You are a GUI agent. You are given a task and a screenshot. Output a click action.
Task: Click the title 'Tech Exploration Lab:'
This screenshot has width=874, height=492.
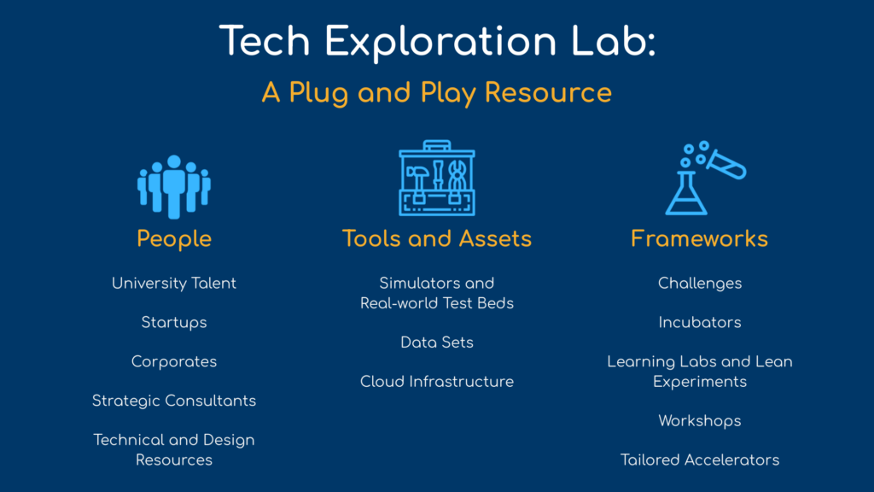click(x=437, y=41)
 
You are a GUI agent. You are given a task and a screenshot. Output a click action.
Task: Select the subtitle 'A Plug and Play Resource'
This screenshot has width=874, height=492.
click(x=437, y=92)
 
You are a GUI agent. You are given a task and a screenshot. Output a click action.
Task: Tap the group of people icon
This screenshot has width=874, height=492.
click(x=174, y=187)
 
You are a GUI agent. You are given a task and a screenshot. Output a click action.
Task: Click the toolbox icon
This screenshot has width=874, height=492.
click(x=437, y=178)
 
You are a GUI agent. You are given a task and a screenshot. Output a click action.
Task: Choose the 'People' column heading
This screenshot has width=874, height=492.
click(x=174, y=239)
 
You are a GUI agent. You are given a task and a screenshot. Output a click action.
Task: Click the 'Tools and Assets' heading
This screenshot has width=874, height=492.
click(x=437, y=239)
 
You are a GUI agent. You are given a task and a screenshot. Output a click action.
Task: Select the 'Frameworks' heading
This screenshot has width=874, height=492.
click(x=700, y=239)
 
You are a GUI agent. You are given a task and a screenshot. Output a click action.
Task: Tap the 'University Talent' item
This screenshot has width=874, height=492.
click(x=174, y=284)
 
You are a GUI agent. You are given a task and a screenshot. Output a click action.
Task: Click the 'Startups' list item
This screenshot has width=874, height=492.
click(x=174, y=323)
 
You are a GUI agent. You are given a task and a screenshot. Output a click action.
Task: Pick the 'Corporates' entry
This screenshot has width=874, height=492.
click(x=174, y=362)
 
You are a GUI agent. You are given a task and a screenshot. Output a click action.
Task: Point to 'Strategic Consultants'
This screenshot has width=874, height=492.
click(x=174, y=401)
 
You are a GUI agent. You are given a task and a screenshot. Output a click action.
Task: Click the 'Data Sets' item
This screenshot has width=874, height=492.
click(x=437, y=343)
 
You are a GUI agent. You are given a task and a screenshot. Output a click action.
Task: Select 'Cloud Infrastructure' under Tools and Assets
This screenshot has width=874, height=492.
click(x=437, y=382)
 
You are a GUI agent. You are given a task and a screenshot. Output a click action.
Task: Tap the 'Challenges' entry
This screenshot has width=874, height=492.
click(x=700, y=284)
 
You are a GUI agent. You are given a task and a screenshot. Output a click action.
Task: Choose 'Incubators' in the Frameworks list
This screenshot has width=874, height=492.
click(x=700, y=322)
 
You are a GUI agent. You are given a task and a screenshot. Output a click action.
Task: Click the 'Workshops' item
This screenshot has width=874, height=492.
click(x=700, y=421)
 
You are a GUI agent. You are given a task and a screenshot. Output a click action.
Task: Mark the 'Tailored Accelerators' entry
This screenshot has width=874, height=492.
click(x=700, y=460)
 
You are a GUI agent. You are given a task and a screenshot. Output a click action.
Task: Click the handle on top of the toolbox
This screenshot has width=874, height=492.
click(x=437, y=145)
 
